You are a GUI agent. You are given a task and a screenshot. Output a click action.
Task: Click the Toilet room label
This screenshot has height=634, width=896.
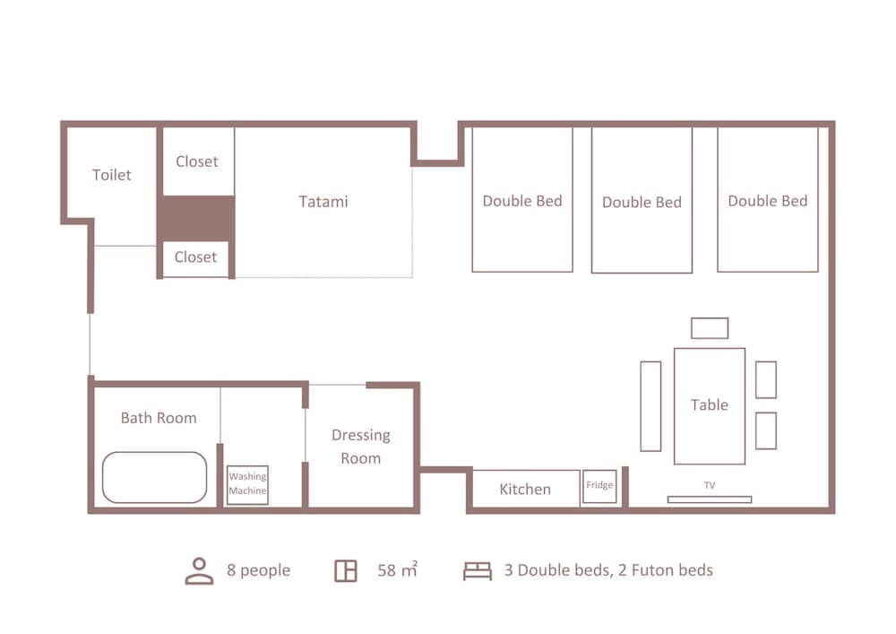click(112, 175)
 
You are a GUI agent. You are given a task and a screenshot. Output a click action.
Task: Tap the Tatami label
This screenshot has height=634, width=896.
click(323, 202)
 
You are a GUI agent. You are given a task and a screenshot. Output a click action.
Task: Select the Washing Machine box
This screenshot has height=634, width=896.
click(247, 485)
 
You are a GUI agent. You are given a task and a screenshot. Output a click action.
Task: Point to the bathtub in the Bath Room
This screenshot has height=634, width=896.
click(154, 478)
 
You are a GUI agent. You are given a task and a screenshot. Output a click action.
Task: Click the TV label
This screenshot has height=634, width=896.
click(710, 485)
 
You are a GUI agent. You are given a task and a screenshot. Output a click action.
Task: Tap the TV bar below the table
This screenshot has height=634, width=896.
click(710, 499)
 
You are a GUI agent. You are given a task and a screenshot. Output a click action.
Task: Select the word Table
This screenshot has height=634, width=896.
click(710, 404)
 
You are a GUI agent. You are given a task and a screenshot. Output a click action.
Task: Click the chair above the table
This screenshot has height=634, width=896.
click(710, 328)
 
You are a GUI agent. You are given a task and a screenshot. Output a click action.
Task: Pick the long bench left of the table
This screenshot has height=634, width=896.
click(650, 406)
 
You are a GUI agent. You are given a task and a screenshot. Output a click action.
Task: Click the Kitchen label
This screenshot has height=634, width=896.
click(525, 490)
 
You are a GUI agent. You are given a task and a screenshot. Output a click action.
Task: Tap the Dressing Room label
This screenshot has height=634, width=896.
click(361, 447)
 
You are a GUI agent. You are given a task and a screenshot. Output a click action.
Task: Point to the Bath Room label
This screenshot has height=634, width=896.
click(159, 418)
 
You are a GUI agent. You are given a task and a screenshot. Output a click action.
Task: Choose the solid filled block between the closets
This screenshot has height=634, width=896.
click(196, 219)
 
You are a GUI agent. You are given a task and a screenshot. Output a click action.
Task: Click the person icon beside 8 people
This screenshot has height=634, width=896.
click(200, 571)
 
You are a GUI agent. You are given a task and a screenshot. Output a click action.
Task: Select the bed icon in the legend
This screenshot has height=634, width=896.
click(478, 571)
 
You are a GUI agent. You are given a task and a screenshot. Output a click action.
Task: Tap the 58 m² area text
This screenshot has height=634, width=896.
click(398, 569)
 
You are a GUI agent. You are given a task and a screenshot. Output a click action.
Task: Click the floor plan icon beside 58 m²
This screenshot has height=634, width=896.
click(346, 571)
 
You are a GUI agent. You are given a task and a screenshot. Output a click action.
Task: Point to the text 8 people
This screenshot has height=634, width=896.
click(259, 570)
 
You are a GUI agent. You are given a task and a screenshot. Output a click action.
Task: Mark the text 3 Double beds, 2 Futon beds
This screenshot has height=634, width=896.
click(608, 570)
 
